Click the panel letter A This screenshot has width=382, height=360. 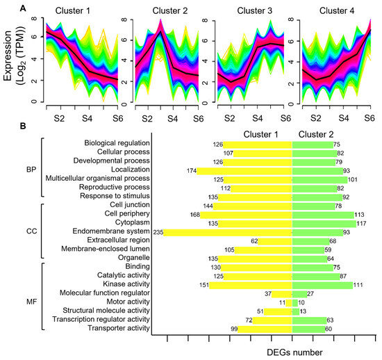pos(6,7)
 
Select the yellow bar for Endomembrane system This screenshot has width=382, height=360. pos(229,231)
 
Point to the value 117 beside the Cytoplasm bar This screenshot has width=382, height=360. pos(361,223)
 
